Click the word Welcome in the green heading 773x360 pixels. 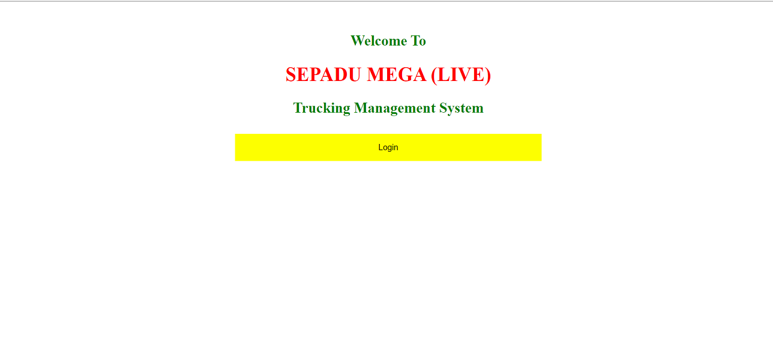(x=379, y=41)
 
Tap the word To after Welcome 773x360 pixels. (x=418, y=41)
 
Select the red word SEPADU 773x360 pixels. (x=323, y=74)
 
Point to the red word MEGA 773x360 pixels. (x=397, y=74)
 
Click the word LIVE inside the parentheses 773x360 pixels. (x=461, y=74)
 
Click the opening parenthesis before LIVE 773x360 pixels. (x=434, y=75)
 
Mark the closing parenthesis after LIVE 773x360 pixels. (x=488, y=75)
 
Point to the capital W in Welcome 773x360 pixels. (x=357, y=41)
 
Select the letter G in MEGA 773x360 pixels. (x=406, y=74)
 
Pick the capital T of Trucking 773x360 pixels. (x=298, y=108)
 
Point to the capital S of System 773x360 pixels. (x=443, y=108)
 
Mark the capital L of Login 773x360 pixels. (x=380, y=147)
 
